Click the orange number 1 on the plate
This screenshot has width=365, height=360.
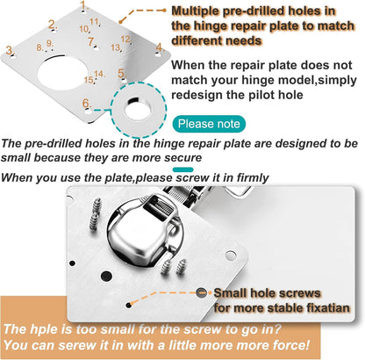pyautogui.click(x=83, y=5)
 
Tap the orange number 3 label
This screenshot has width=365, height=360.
pyautogui.click(x=10, y=51)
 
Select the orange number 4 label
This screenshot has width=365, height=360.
pyautogui.click(x=158, y=47)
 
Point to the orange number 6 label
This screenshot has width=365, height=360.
pyautogui.click(x=85, y=104)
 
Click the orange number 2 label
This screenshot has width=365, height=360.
pyautogui.click(x=52, y=25)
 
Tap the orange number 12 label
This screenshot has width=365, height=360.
pyautogui.click(x=125, y=39)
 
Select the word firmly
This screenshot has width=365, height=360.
pyautogui.click(x=247, y=178)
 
